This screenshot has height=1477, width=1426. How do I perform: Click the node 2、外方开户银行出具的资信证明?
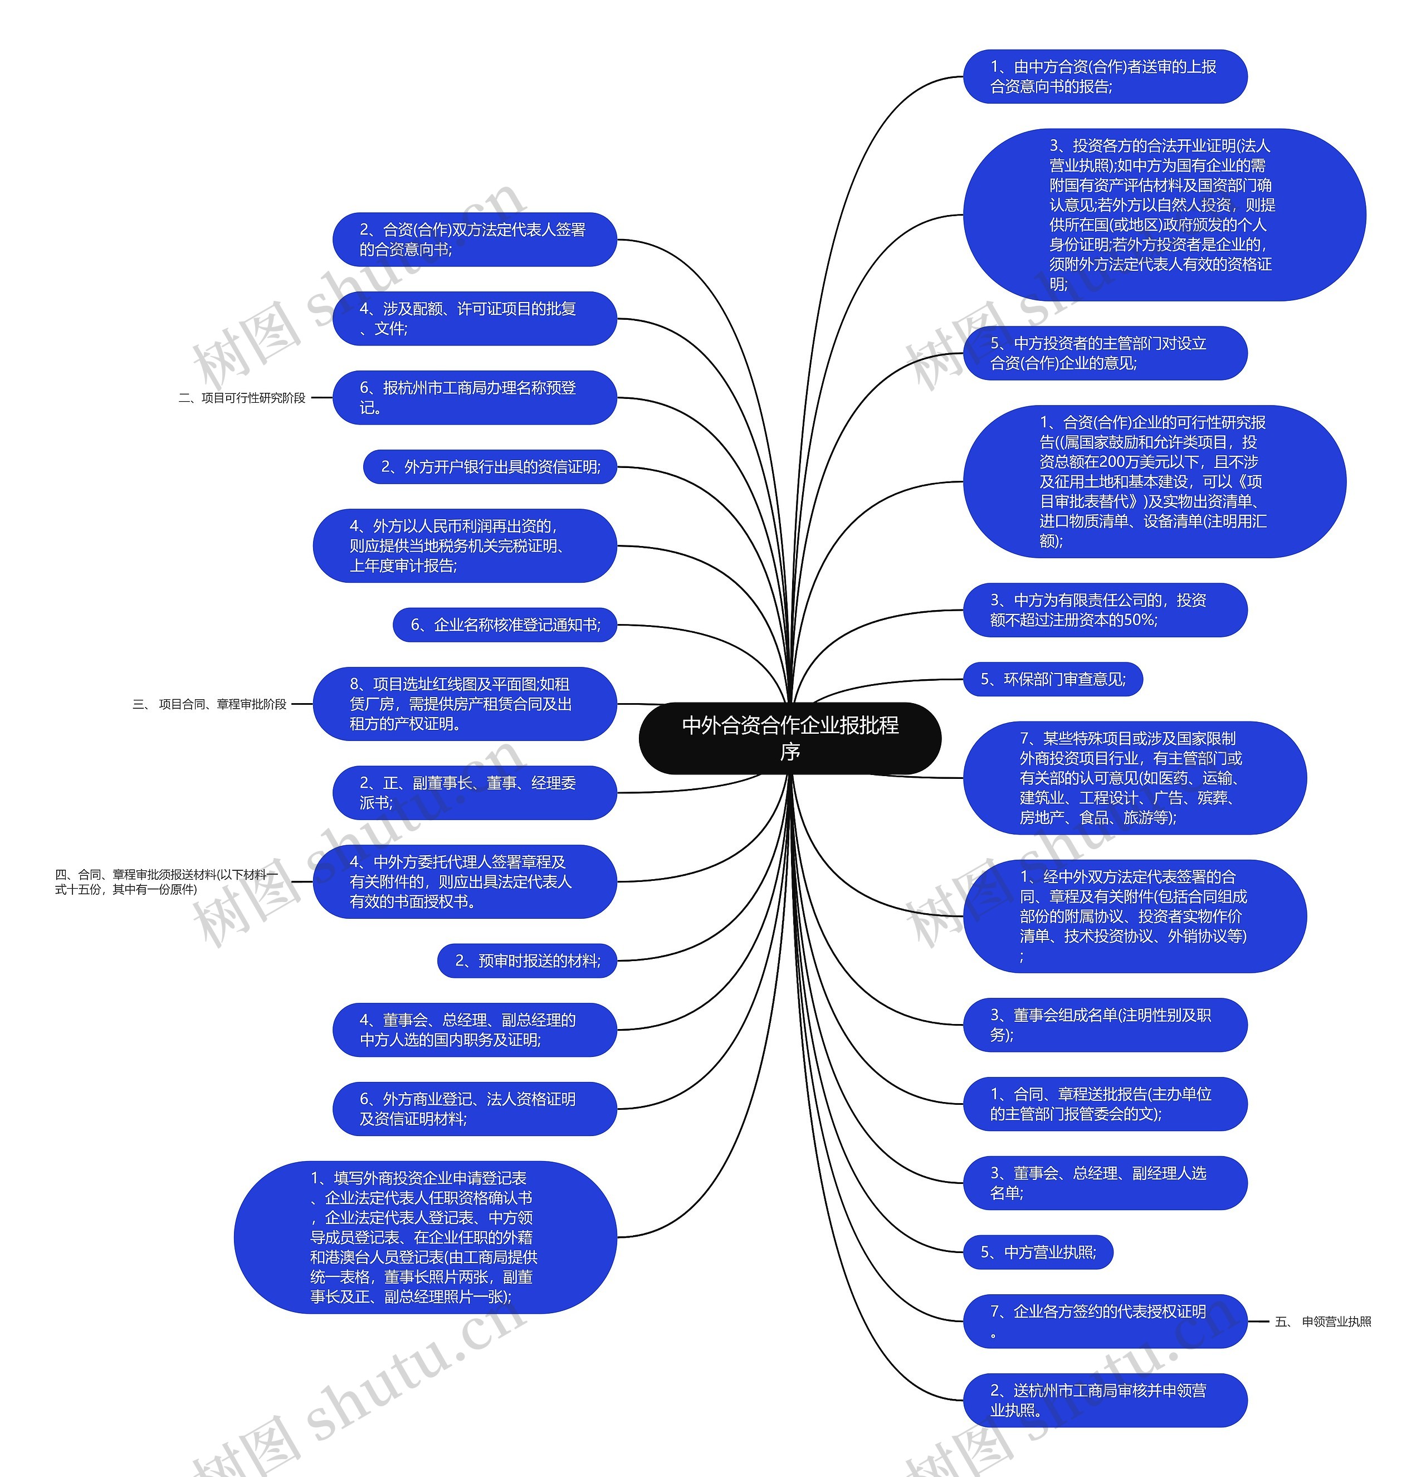click(x=490, y=467)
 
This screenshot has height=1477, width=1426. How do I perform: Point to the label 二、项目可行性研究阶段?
click(x=242, y=398)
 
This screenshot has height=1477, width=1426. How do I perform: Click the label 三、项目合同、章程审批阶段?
click(x=209, y=704)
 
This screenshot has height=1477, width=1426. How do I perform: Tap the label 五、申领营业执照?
click(x=1323, y=1322)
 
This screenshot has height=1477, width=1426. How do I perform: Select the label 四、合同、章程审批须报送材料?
click(x=166, y=881)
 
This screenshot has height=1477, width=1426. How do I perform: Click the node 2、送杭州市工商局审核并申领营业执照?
click(x=1105, y=1400)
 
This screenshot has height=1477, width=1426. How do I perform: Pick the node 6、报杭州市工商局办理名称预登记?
click(x=475, y=398)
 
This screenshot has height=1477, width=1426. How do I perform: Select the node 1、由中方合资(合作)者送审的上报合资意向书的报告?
click(x=1105, y=77)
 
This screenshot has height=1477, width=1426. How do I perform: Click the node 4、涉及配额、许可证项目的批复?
click(x=475, y=319)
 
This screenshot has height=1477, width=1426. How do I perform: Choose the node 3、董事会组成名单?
click(x=1105, y=1025)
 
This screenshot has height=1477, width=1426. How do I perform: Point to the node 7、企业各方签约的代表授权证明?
click(x=1105, y=1322)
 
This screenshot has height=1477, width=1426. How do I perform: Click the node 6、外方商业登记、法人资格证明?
click(x=475, y=1109)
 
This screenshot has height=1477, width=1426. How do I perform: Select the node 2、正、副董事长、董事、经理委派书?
click(x=475, y=793)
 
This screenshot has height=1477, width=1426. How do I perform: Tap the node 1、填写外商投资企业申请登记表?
click(x=426, y=1237)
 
